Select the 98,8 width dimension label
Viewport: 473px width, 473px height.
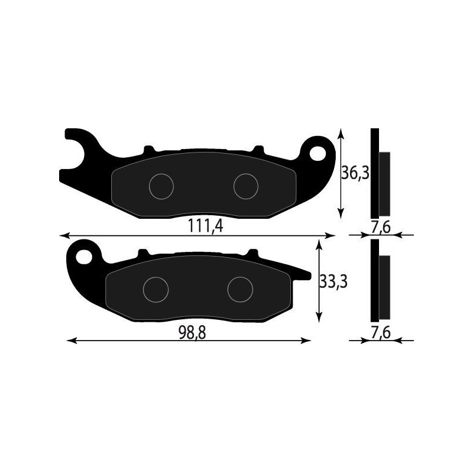click(193, 332)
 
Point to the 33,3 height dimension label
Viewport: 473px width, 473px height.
click(332, 282)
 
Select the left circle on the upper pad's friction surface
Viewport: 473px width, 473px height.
click(161, 186)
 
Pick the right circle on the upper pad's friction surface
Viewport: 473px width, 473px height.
click(246, 186)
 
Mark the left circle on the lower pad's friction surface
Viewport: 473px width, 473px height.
click(156, 289)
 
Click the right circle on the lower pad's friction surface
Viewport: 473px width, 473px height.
click(241, 289)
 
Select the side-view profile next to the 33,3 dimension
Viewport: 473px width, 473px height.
click(380, 281)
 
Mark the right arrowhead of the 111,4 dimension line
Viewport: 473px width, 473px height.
click(331, 235)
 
